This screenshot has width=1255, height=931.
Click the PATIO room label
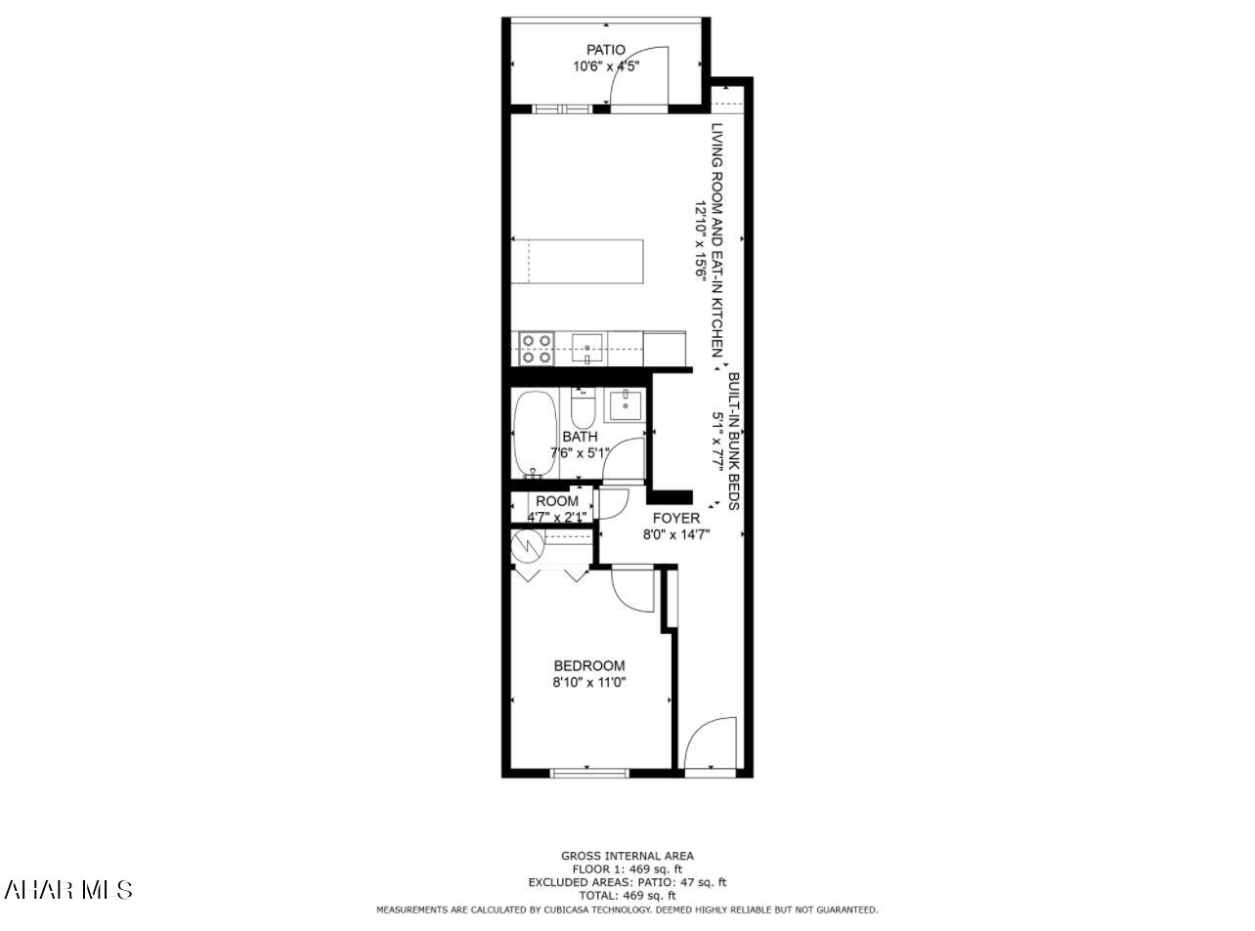pyautogui.click(x=606, y=50)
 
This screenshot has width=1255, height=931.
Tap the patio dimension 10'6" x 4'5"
pyautogui.click(x=606, y=67)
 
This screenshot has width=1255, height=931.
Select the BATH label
pyautogui.click(x=580, y=437)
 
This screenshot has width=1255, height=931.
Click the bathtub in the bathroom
pyautogui.click(x=534, y=435)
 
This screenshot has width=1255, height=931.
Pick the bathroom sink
pyautogui.click(x=624, y=403)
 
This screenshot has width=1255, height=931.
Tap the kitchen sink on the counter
pyautogui.click(x=586, y=346)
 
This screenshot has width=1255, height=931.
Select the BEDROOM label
pyautogui.click(x=588, y=666)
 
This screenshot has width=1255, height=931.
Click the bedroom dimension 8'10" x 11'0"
pyautogui.click(x=588, y=684)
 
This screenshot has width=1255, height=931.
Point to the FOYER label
pyautogui.click(x=676, y=518)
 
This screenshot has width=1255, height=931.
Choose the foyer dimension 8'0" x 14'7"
pyautogui.click(x=676, y=535)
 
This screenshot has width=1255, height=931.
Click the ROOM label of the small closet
pyautogui.click(x=557, y=501)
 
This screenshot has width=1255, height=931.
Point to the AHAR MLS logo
pyautogui.click(x=68, y=889)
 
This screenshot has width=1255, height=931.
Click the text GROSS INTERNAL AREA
pyautogui.click(x=627, y=856)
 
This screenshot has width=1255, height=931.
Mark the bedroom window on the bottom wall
pyautogui.click(x=589, y=773)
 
